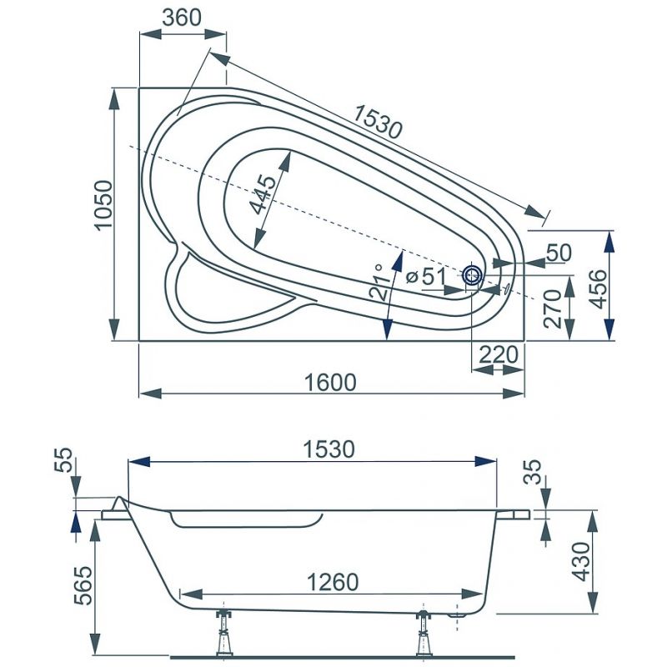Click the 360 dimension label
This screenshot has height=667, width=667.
(x=182, y=18)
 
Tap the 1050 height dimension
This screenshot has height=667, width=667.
(x=103, y=206)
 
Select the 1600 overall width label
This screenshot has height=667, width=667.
(x=330, y=383)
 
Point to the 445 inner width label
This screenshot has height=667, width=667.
(x=263, y=194)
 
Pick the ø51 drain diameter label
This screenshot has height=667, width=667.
(x=425, y=278)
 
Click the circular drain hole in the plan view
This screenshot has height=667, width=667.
(x=472, y=276)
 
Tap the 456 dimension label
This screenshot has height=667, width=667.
(x=599, y=289)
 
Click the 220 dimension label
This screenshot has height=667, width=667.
(x=499, y=354)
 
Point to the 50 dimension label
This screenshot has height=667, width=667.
(x=559, y=253)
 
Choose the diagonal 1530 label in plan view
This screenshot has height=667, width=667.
(x=378, y=122)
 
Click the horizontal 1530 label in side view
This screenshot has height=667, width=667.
(x=328, y=449)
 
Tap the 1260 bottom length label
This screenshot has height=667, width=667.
(x=333, y=582)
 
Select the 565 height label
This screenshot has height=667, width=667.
(x=83, y=585)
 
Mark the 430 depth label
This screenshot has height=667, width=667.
(x=581, y=561)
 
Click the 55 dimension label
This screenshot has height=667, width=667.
(x=64, y=460)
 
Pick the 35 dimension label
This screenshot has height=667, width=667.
(x=532, y=472)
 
